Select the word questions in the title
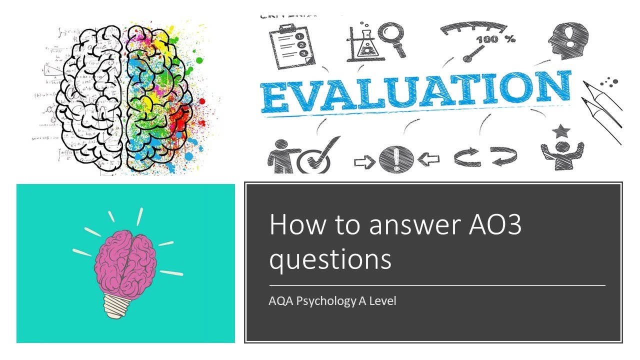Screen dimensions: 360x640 pyautogui.click(x=330, y=260)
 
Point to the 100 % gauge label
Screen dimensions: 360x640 pyautogui.click(x=495, y=39)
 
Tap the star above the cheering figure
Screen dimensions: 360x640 pyautogui.click(x=561, y=131)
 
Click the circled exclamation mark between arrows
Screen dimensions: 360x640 pyautogui.click(x=396, y=159)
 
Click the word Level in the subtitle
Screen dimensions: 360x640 pyautogui.click(x=382, y=301)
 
